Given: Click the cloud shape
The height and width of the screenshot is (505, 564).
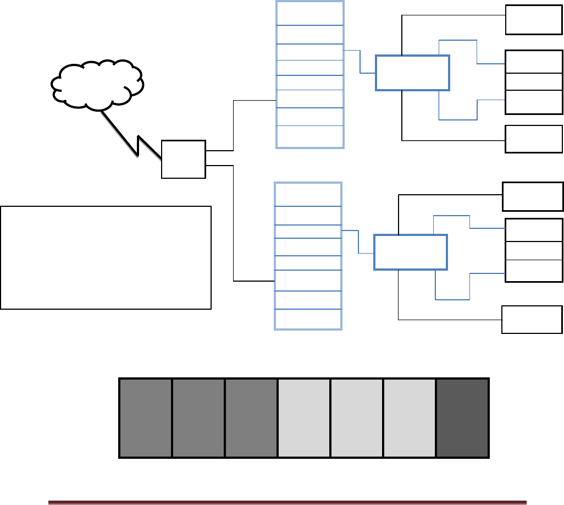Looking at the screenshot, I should pyautogui.click(x=97, y=83).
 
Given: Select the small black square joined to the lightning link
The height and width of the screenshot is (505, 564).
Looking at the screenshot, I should pyautogui.click(x=183, y=159).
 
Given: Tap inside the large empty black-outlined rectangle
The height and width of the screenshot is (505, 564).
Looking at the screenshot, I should pyautogui.click(x=106, y=257).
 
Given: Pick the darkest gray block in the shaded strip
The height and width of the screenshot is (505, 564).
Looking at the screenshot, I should pyautogui.click(x=462, y=418).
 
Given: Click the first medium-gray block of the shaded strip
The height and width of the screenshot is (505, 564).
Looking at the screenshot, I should pyautogui.click(x=146, y=418).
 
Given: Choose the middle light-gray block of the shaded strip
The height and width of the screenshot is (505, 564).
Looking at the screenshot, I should pyautogui.click(x=357, y=418).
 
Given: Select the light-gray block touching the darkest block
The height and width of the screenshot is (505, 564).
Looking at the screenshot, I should pyautogui.click(x=410, y=418).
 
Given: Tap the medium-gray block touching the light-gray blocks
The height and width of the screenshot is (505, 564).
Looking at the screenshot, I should pyautogui.click(x=251, y=418).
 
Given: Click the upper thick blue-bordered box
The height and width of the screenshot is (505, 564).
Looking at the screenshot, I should pyautogui.click(x=412, y=73).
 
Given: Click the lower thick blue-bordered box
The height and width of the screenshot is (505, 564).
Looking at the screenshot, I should pyautogui.click(x=411, y=251).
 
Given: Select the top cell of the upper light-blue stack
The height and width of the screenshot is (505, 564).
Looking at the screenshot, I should pyautogui.click(x=309, y=13).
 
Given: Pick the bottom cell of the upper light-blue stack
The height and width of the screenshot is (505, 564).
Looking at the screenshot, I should pyautogui.click(x=309, y=136).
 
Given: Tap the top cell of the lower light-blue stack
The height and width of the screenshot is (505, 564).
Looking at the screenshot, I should pyautogui.click(x=308, y=195).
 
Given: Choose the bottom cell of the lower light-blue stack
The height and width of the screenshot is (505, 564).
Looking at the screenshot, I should pyautogui.click(x=308, y=319).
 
